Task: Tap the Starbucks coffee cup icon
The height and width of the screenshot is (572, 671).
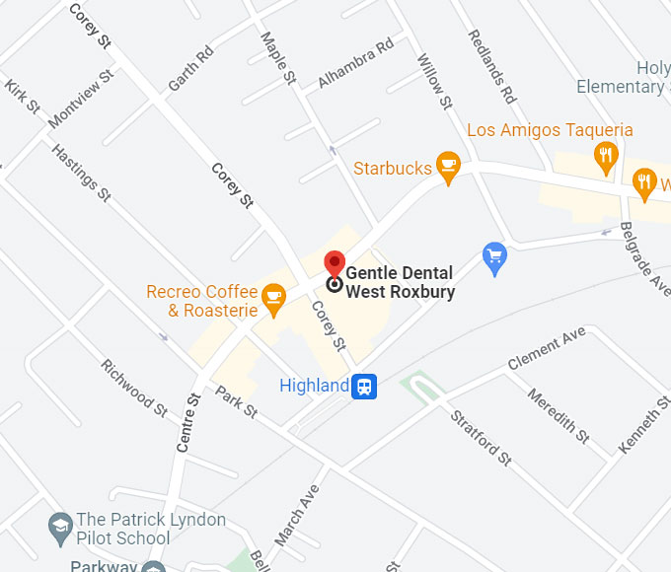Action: click(x=448, y=167)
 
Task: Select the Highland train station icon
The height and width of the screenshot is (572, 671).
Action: click(x=364, y=386)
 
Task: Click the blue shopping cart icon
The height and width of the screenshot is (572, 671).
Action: click(x=495, y=258)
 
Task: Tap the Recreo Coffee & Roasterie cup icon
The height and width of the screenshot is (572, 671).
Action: click(x=273, y=294)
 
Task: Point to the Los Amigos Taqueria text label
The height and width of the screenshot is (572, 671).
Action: click(x=550, y=130)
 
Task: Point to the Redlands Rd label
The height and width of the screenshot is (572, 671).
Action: click(x=492, y=66)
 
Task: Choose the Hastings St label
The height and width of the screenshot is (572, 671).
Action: click(x=81, y=174)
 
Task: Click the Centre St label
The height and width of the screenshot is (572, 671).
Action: click(x=187, y=422)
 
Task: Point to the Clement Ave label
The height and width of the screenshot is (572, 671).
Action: click(x=547, y=349)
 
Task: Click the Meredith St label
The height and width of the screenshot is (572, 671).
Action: click(x=559, y=415)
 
